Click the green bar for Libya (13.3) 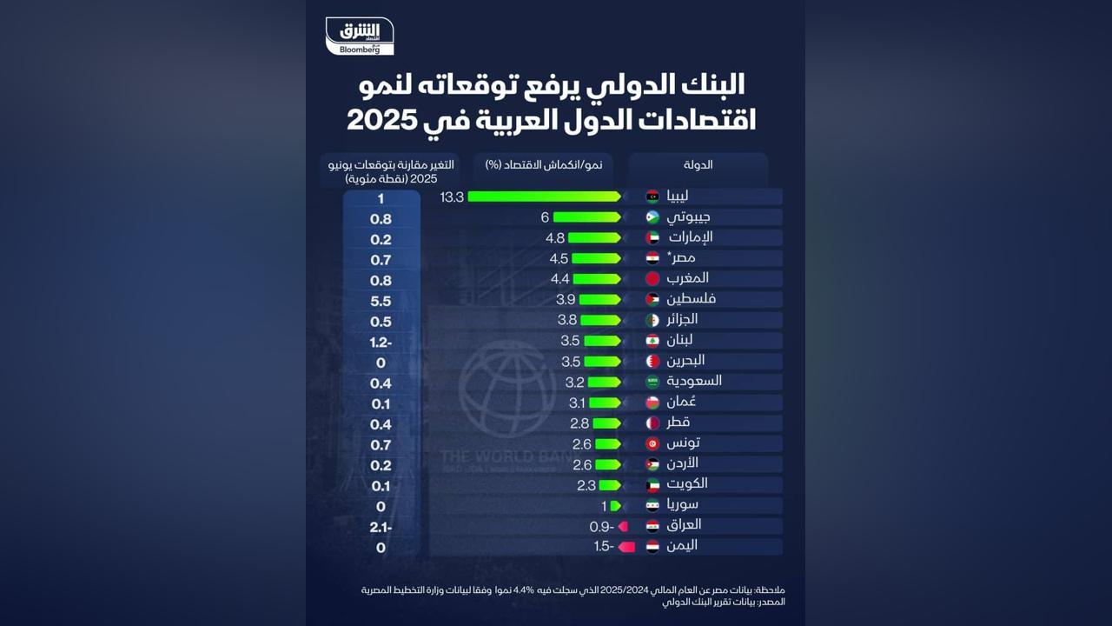click(x=544, y=196)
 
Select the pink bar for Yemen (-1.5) click(x=626, y=547)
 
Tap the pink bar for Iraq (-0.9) click(x=623, y=526)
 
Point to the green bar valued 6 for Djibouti click(x=586, y=217)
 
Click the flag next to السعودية click(x=652, y=382)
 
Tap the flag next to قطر click(x=652, y=423)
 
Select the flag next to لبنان click(x=652, y=341)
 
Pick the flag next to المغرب click(x=652, y=279)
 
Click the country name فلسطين click(x=692, y=299)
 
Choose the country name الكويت click(x=687, y=483)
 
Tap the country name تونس click(x=684, y=443)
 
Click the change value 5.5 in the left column click(x=381, y=302)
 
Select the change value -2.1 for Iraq click(x=381, y=528)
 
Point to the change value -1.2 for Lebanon click(x=381, y=342)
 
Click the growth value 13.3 click(x=452, y=197)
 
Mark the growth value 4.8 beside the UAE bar click(x=555, y=238)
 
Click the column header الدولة click(x=698, y=164)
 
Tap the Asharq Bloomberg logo click(x=360, y=37)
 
